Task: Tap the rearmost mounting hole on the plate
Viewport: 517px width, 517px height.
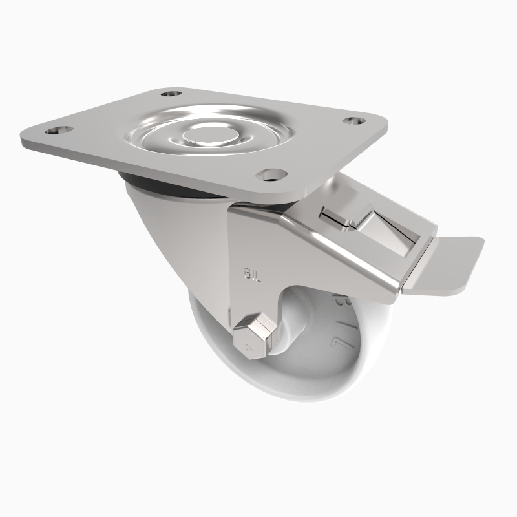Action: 170,94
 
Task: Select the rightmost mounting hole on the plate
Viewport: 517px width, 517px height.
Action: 353,121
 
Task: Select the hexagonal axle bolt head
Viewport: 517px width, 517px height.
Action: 253,337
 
